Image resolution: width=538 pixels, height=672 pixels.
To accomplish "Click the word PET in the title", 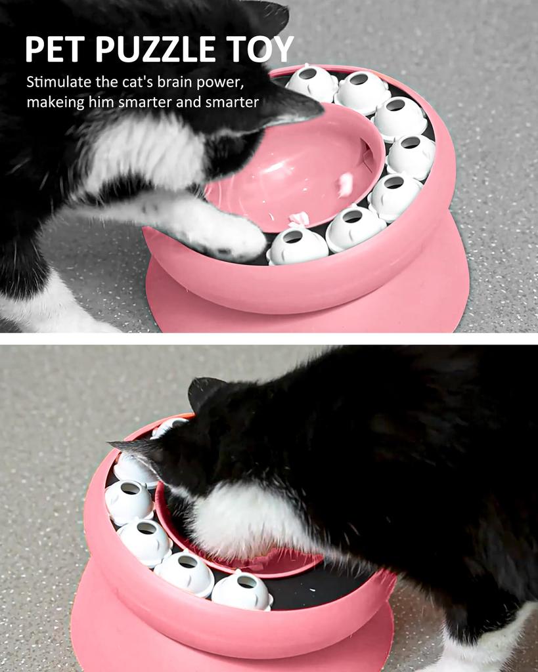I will click(55, 50).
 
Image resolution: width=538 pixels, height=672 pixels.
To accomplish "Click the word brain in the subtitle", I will click(176, 83).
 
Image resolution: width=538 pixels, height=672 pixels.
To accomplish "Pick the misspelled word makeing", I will click(56, 102).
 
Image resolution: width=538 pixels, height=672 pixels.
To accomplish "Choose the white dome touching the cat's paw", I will click(297, 245).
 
